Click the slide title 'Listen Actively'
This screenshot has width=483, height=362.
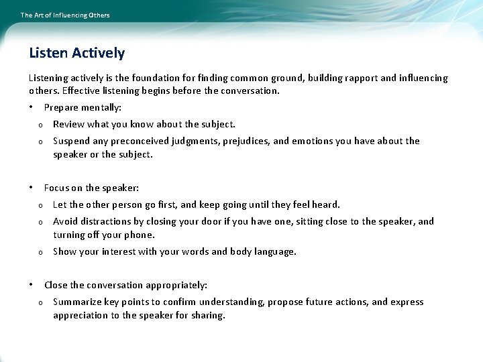[x=76, y=53]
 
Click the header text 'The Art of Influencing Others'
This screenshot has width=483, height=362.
[x=65, y=15]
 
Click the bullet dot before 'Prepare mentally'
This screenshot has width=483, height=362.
[x=31, y=107]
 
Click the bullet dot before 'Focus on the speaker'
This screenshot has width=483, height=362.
[x=31, y=188]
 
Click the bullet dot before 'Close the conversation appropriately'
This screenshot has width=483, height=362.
[x=31, y=285]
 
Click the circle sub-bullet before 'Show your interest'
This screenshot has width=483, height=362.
[x=40, y=252]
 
